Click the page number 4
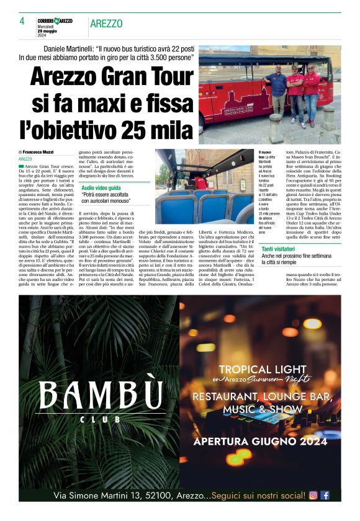click(x=22, y=20)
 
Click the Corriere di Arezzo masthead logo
click(x=54, y=21)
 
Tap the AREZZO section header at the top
click(x=106, y=24)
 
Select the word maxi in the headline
click(x=98, y=104)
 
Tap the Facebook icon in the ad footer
click(x=325, y=495)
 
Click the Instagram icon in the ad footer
click(x=313, y=495)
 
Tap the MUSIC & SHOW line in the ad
click(x=263, y=409)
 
